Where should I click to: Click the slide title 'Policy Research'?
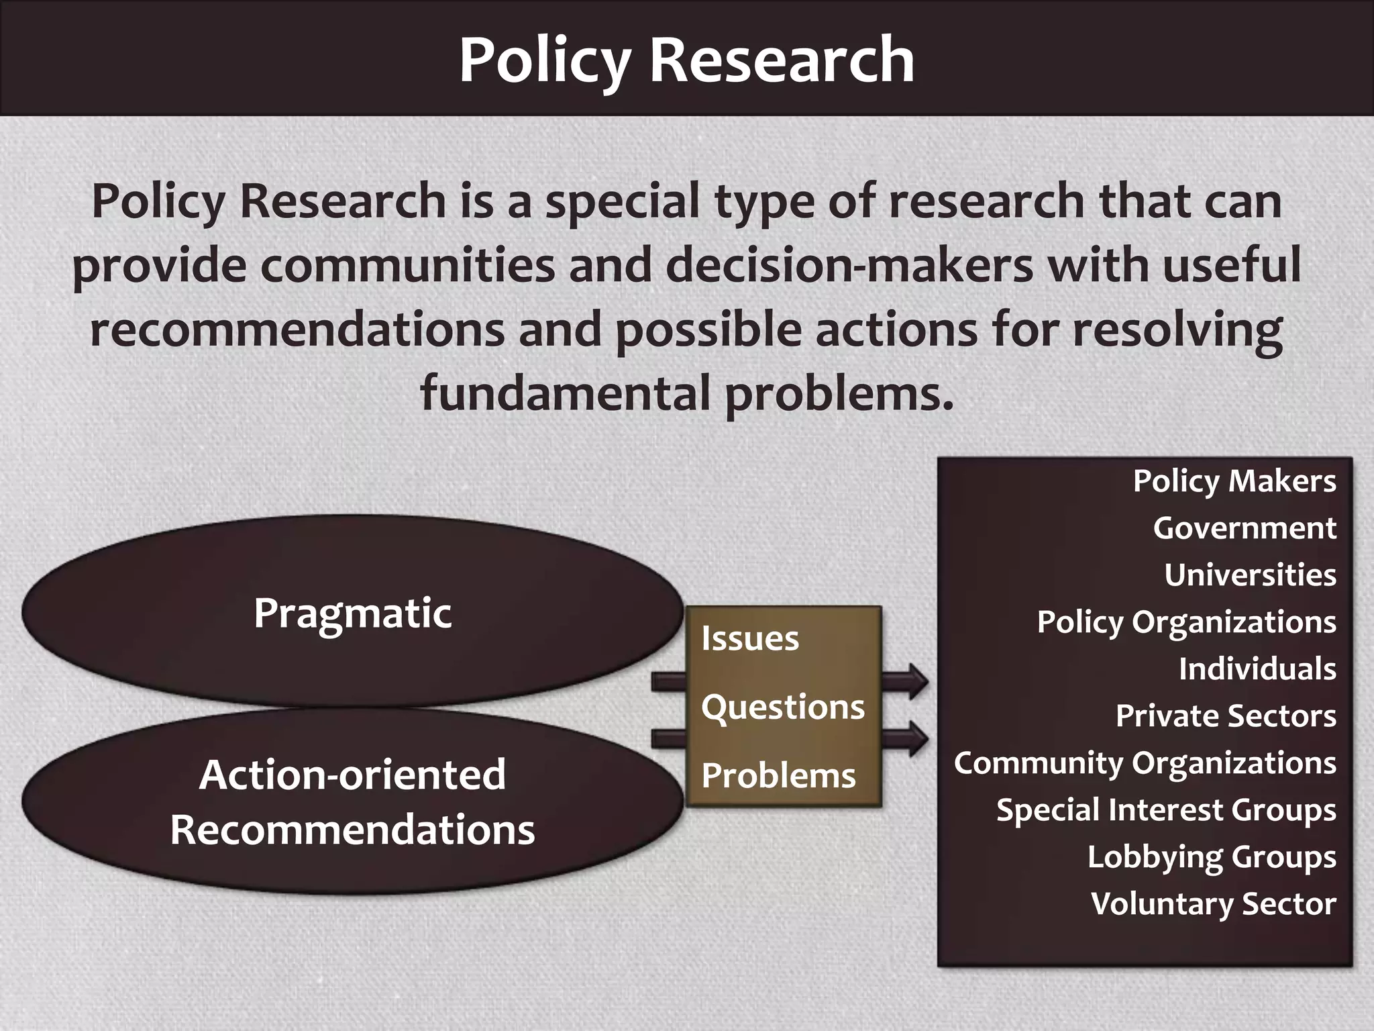[686, 60]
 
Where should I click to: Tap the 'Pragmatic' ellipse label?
[353, 613]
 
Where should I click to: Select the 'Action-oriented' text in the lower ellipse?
[353, 775]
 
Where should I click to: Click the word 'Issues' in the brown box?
[750, 638]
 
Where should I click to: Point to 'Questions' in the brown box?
[783, 707]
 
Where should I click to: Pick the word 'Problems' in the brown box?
[778, 776]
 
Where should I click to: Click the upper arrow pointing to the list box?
[905, 682]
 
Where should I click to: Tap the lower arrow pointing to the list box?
[905, 739]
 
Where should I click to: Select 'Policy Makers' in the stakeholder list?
[1234, 481]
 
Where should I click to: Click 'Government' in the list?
[1245, 528]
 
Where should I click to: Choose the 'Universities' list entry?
[1250, 575]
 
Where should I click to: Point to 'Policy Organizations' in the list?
[1186, 622]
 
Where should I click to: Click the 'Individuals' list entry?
[1257, 669]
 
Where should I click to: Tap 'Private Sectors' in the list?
[1226, 716]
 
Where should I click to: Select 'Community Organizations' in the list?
[1145, 763]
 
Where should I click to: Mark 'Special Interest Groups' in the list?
[1166, 810]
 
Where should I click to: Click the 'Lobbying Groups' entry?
[1212, 857]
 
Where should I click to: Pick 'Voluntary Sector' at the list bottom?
[1213, 904]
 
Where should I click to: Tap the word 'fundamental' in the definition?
[565, 393]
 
